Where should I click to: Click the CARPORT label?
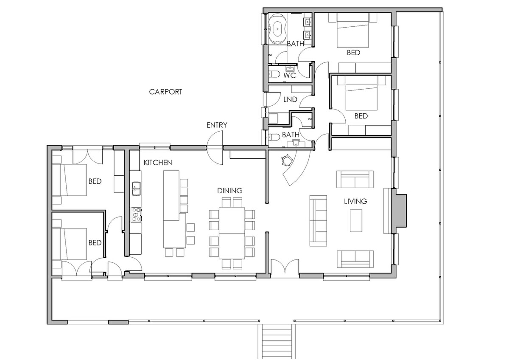pyautogui.click(x=165, y=92)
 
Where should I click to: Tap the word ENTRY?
pyautogui.click(x=217, y=125)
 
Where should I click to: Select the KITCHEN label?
pyautogui.click(x=158, y=163)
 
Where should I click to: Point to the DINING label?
pyautogui.click(x=230, y=191)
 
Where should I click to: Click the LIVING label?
pyautogui.click(x=355, y=201)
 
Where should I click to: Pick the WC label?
pyautogui.click(x=289, y=75)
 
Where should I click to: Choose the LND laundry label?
pyautogui.click(x=290, y=99)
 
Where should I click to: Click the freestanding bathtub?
pyautogui.click(x=277, y=29)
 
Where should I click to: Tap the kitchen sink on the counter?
pyautogui.click(x=136, y=188)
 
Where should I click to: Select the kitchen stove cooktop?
pyautogui.click(x=136, y=214)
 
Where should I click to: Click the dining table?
pyautogui.click(x=232, y=233)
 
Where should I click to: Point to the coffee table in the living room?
pyautogui.click(x=356, y=221)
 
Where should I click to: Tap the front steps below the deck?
pyautogui.click(x=277, y=342)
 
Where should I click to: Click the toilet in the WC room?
pyautogui.click(x=274, y=74)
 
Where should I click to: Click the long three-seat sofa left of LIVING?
pyautogui.click(x=318, y=221)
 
